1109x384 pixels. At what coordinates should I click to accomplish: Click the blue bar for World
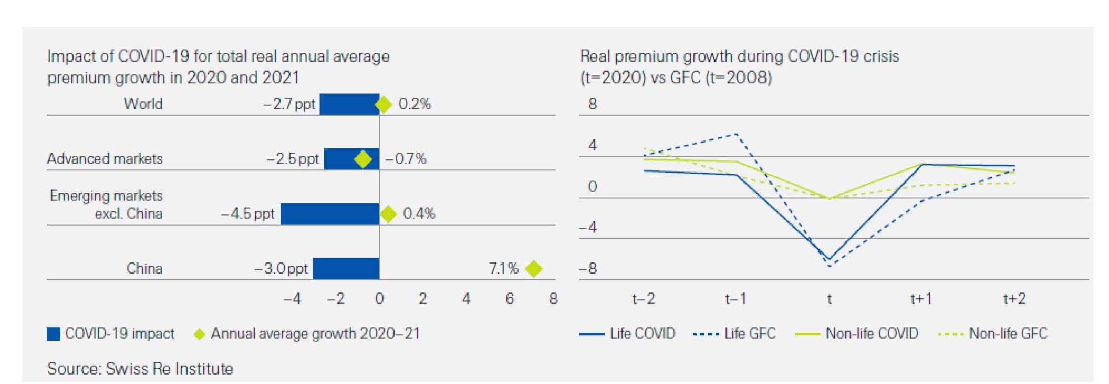(x=349, y=104)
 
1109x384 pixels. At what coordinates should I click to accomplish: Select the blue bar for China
(x=346, y=268)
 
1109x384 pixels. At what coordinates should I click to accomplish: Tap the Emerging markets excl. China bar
(x=330, y=214)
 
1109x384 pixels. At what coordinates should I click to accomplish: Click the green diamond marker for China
(x=534, y=268)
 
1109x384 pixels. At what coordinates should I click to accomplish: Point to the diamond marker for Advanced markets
(x=362, y=159)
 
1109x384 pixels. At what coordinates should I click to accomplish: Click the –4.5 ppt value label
(x=247, y=214)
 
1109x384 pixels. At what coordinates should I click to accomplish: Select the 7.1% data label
(x=503, y=268)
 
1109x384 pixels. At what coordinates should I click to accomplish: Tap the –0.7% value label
(x=406, y=159)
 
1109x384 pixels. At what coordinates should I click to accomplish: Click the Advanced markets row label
(x=105, y=159)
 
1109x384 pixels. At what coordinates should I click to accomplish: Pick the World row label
(x=143, y=104)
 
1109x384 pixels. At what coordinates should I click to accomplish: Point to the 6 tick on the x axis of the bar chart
(x=510, y=299)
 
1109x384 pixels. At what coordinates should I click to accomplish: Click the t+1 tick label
(x=921, y=299)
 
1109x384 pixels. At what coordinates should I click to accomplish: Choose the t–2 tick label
(x=644, y=299)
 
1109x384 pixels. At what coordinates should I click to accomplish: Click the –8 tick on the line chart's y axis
(x=588, y=269)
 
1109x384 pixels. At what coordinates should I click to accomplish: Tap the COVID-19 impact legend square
(x=54, y=334)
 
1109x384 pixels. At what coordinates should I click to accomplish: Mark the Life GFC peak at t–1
(x=737, y=134)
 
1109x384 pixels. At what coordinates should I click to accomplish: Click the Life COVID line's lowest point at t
(x=829, y=259)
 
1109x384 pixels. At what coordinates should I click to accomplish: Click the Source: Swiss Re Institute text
(x=140, y=368)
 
